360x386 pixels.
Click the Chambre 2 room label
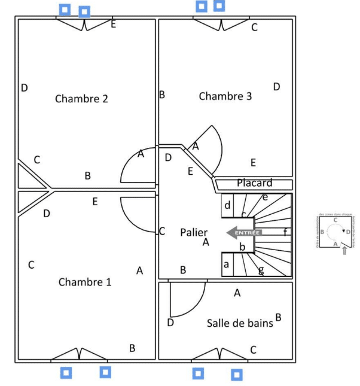click(x=81, y=99)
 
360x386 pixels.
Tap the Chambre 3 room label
click(x=225, y=96)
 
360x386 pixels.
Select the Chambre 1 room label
click(x=85, y=282)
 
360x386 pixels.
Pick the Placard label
click(x=254, y=183)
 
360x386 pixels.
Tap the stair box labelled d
click(x=227, y=205)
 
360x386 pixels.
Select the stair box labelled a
click(x=227, y=264)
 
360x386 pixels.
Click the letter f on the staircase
click(x=285, y=232)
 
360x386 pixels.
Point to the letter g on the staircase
click(x=261, y=270)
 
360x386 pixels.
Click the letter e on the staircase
click(x=265, y=196)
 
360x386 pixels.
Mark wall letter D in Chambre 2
click(x=25, y=88)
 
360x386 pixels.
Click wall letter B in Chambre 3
click(x=161, y=95)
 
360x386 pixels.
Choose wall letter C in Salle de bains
click(x=253, y=349)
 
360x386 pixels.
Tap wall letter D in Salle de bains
click(x=170, y=323)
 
